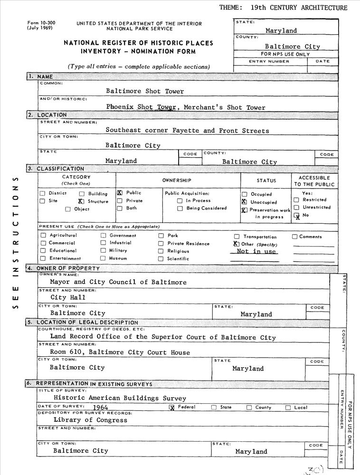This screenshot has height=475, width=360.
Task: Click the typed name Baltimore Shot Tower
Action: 144,91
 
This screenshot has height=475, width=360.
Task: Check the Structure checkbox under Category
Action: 81,201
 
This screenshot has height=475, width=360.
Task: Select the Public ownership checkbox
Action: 120,193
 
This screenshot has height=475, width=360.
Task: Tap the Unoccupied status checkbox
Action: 245,202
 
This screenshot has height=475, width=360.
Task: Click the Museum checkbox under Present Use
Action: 103,258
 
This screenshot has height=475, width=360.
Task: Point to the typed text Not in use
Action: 256,251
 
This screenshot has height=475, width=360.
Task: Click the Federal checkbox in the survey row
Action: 172,408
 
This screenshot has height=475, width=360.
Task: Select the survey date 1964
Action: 101,408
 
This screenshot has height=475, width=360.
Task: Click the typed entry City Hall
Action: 68,297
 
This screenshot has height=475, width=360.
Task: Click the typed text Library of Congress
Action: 90,420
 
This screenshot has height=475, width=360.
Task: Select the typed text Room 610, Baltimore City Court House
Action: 120,352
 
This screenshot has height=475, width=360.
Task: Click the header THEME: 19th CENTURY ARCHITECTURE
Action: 284,8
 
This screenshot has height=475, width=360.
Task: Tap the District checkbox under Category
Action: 43,193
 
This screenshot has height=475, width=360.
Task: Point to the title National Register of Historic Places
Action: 138,43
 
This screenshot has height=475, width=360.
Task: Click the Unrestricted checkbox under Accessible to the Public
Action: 296,208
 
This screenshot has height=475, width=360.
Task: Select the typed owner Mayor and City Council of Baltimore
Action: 118,282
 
